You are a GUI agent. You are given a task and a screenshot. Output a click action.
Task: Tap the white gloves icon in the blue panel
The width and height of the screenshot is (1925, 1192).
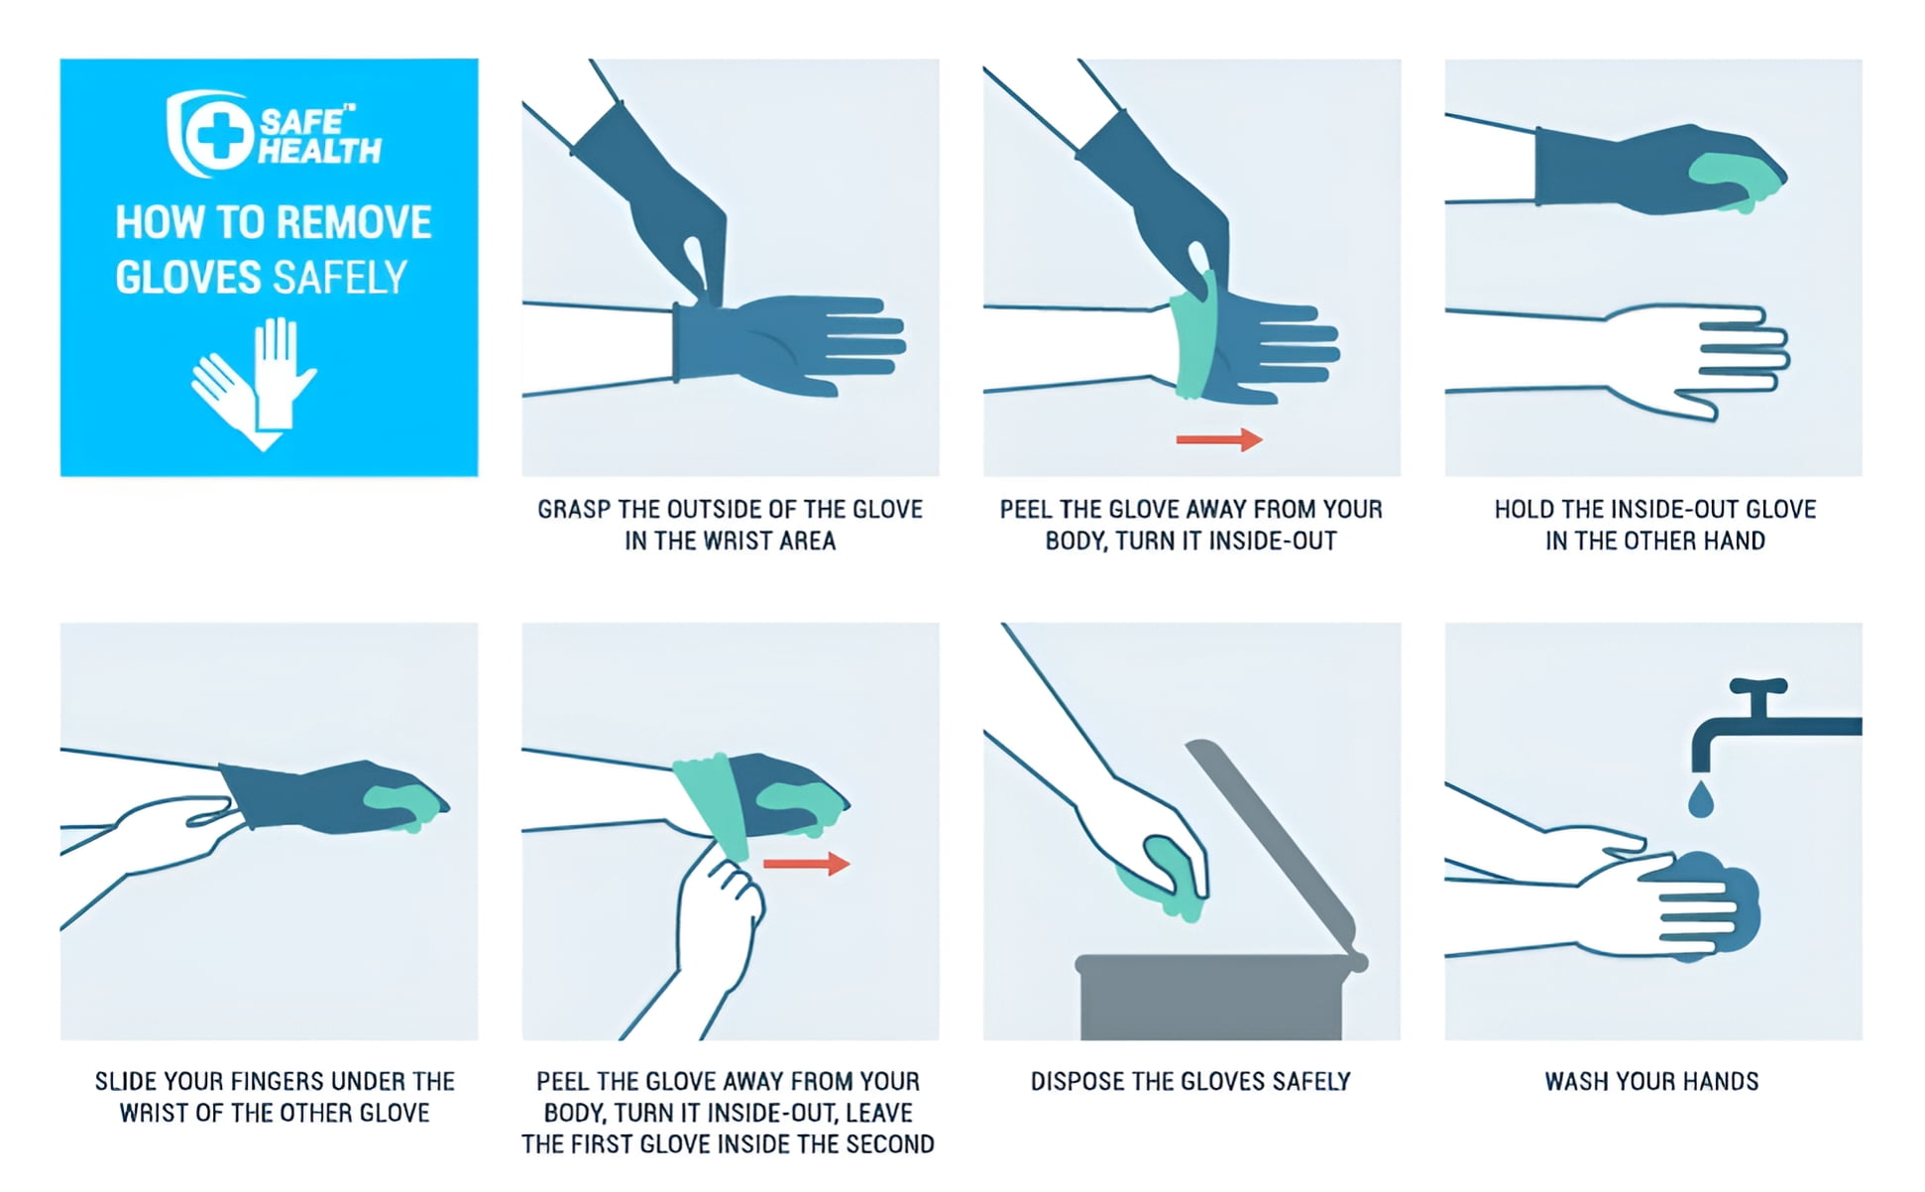(x=254, y=383)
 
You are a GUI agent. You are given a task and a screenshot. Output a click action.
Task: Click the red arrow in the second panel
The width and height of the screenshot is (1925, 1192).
(x=1219, y=439)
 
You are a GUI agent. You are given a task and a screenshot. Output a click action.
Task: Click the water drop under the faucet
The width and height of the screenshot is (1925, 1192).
(x=1701, y=799)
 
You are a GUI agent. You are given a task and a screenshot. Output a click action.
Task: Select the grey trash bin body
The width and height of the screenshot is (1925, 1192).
(x=1210, y=998)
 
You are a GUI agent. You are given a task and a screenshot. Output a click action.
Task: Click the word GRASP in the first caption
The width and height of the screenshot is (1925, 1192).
(x=574, y=510)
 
